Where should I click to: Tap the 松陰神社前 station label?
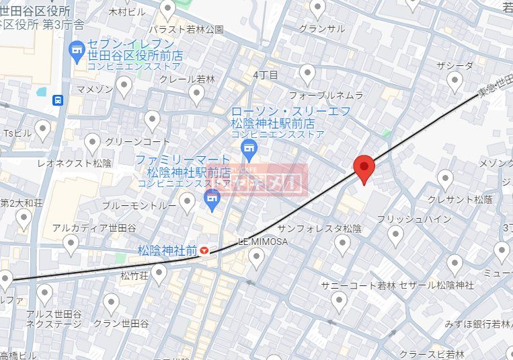coord(167,250)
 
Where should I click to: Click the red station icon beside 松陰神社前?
coord(204,251)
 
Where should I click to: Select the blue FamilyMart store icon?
coord(212,199)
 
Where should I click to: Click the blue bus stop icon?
coord(58,100)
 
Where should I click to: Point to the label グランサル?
coord(321,28)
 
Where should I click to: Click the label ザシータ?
coord(455,65)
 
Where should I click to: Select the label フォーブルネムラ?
coord(326,96)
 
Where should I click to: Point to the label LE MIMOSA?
coord(263,241)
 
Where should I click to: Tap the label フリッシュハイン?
coord(405,219)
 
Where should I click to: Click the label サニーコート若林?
coord(358,285)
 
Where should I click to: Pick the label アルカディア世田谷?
coord(90,227)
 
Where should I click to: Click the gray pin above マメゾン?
coord(124,85)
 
